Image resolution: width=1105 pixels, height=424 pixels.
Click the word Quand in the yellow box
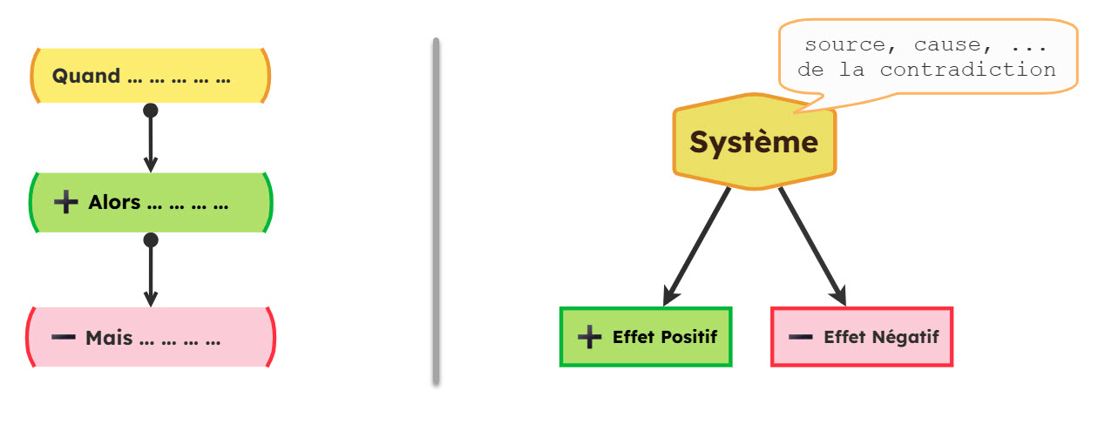click(x=86, y=77)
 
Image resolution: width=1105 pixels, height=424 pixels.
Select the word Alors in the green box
click(x=114, y=203)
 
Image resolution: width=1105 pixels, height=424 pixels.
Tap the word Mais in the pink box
click(x=109, y=338)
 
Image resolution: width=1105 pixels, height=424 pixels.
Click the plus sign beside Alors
click(x=66, y=203)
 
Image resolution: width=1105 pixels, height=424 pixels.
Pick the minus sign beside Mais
click(x=64, y=338)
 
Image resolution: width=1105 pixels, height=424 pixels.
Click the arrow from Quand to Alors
click(x=151, y=144)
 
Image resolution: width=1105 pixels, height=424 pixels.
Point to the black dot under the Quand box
click(x=151, y=111)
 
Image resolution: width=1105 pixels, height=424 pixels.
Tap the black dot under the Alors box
click(x=151, y=239)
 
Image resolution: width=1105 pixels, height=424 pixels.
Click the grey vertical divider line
click(x=436, y=209)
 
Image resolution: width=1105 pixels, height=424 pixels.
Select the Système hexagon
click(x=754, y=142)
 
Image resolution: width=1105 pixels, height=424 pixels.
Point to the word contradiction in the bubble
click(x=967, y=70)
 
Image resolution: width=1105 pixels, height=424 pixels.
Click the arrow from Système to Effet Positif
click(x=697, y=246)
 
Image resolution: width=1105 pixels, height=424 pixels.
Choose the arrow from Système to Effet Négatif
click(x=812, y=246)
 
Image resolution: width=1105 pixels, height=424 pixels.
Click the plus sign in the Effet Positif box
click(x=590, y=337)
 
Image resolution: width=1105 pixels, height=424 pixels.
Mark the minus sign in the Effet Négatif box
click(x=801, y=337)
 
